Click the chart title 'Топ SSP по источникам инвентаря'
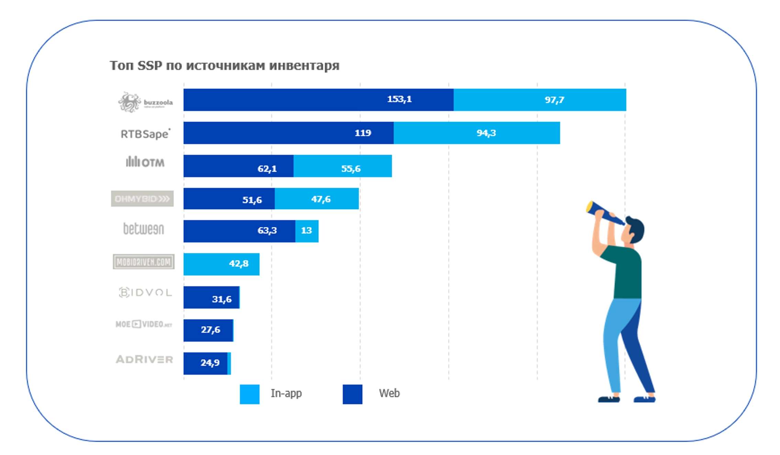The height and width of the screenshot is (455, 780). [224, 66]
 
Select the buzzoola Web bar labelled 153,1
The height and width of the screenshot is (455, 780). [318, 100]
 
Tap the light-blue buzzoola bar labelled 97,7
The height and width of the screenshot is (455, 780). [539, 100]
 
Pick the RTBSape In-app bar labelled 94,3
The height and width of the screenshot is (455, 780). [477, 133]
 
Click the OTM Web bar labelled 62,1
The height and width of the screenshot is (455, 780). [238, 166]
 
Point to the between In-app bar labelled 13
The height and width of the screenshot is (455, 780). [307, 231]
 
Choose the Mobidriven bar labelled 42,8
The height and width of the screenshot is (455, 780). [221, 264]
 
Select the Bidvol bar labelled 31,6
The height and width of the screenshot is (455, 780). [211, 297]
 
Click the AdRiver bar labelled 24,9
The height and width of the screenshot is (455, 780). [205, 363]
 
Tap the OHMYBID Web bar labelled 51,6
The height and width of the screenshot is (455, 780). [229, 198]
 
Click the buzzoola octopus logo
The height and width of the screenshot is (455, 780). [129, 102]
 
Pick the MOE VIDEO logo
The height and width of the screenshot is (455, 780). [144, 324]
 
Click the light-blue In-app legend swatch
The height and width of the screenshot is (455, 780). [249, 394]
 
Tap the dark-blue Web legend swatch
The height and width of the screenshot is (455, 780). [352, 394]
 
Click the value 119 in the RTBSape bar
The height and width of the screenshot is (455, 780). [363, 133]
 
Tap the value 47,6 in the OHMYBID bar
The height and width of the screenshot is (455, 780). [321, 199]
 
